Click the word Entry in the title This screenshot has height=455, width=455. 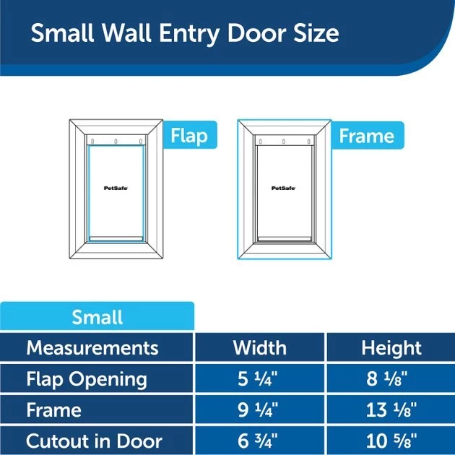point(189,34)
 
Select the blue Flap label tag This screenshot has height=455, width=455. point(189,135)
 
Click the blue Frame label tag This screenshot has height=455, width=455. point(367,136)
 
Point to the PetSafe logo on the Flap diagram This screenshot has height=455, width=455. point(116,188)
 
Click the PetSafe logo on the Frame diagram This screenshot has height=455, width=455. point(284,188)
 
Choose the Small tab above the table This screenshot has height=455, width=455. point(97,316)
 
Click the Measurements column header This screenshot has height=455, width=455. point(92,347)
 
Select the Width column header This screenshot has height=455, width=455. point(260,347)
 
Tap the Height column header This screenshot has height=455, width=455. point(391,348)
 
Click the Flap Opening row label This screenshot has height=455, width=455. point(87,379)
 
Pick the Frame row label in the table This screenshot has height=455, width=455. point(54,409)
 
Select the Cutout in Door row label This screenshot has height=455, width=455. point(94,441)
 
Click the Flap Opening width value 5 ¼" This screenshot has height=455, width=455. point(258,378)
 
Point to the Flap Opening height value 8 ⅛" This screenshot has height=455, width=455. point(387,378)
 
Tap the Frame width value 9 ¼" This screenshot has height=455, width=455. point(258,409)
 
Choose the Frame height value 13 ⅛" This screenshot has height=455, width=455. point(391,409)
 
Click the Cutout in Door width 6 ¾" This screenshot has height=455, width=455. point(258,441)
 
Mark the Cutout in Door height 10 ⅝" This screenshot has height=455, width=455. point(391,441)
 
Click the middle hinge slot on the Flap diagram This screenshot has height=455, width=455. point(116,142)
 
